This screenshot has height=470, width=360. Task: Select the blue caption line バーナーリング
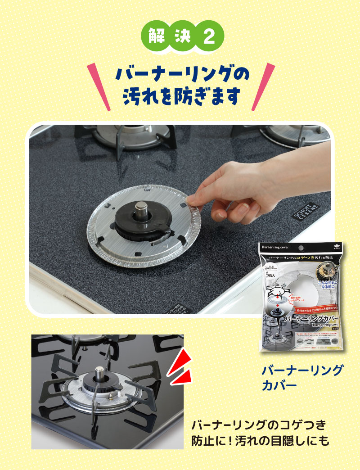tap(302, 371)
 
